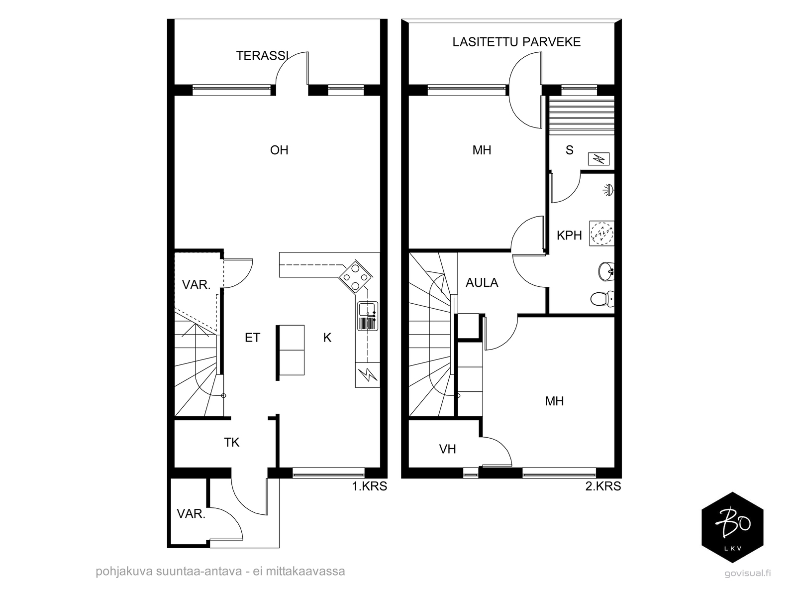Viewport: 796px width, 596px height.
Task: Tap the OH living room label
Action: click(x=279, y=150)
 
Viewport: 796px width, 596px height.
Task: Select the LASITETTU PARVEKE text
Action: click(x=516, y=42)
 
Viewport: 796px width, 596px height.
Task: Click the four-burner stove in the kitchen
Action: click(x=356, y=276)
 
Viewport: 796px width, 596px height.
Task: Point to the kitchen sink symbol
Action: click(x=368, y=316)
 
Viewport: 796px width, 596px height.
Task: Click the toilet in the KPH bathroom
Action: click(x=602, y=299)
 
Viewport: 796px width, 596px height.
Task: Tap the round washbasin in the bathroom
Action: click(x=606, y=271)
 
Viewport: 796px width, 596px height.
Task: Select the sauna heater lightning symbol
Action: click(x=598, y=159)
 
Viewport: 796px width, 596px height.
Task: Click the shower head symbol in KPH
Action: click(x=608, y=190)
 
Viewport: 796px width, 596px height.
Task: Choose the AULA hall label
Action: click(x=482, y=282)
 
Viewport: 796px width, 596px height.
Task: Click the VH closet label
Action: click(x=447, y=449)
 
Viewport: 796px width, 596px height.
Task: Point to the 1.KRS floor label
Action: click(x=370, y=486)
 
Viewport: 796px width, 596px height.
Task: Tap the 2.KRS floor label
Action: click(x=603, y=486)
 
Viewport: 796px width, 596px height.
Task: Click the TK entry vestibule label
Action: click(x=232, y=442)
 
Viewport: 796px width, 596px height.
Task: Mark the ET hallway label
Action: click(x=252, y=338)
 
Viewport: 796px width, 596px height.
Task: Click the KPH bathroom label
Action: click(x=569, y=235)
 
